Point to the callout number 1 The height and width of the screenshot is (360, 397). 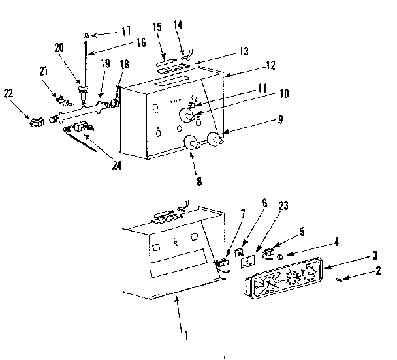187,337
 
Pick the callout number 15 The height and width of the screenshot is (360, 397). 157,28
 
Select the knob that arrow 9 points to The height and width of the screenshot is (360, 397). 215,138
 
